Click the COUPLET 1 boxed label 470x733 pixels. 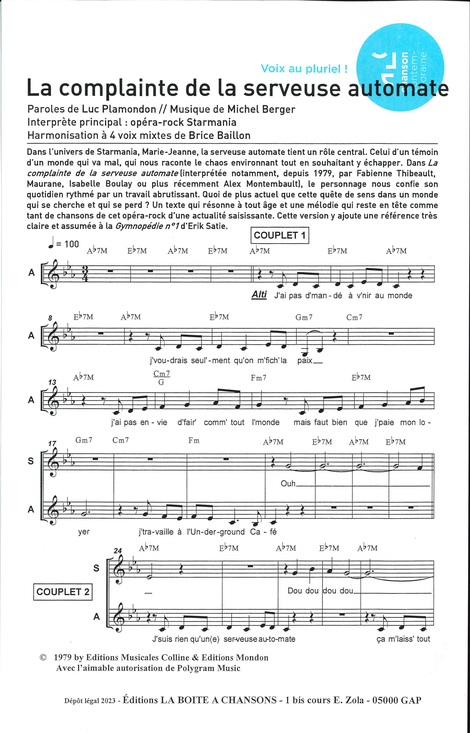[x=280, y=235]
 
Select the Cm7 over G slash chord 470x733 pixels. [x=162, y=378]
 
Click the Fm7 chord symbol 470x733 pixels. [x=258, y=378]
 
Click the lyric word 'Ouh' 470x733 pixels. [x=288, y=484]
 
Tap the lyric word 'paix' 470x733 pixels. [x=305, y=360]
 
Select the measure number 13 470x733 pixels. [x=52, y=382]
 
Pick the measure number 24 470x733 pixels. [x=118, y=550]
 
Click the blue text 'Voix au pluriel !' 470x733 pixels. [x=304, y=69]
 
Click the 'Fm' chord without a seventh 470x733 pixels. [x=194, y=441]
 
